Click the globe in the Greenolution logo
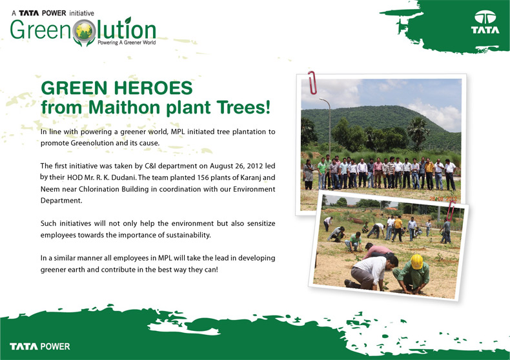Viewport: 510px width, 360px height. [x=84, y=30]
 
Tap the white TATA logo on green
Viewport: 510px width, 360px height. [x=485, y=22]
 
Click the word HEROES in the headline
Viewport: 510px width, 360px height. [x=153, y=88]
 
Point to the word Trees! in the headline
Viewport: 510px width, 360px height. [x=243, y=107]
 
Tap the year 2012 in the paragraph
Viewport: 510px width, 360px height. [x=254, y=166]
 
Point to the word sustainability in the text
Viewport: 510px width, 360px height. [x=188, y=235]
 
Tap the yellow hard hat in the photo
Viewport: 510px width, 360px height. [x=416, y=261]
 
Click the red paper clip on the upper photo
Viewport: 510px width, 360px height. [x=312, y=83]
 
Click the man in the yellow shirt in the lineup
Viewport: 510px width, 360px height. [x=429, y=174]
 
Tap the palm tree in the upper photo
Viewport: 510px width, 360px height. [x=418, y=132]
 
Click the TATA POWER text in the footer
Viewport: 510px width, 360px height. [x=39, y=346]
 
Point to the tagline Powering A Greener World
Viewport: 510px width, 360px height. [x=127, y=43]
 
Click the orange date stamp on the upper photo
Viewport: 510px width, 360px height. [x=443, y=199]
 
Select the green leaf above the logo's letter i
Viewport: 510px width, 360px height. [x=128, y=20]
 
